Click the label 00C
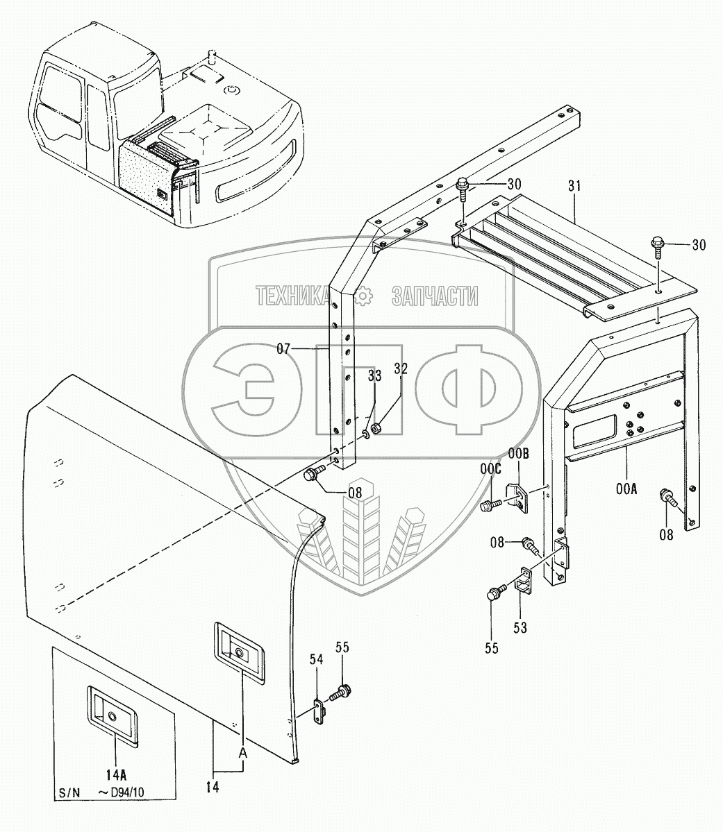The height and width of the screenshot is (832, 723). click(x=490, y=469)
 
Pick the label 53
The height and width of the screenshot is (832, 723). click(x=520, y=627)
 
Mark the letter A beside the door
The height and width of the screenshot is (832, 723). click(x=242, y=752)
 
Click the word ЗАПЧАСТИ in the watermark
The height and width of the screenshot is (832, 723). click(x=435, y=296)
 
